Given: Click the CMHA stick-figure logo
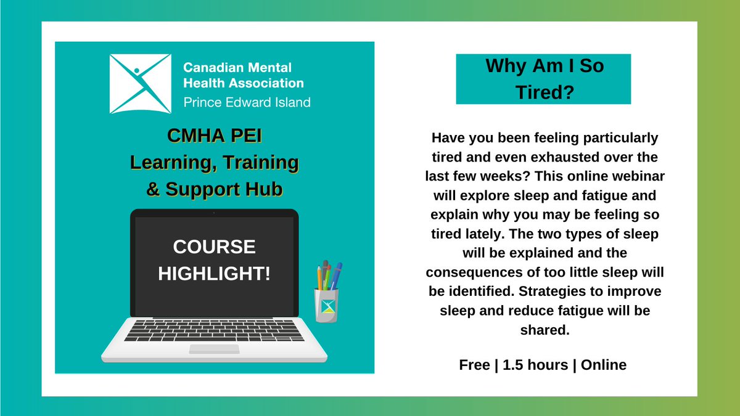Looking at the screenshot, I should [x=140, y=84].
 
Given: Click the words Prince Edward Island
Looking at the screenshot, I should [x=247, y=102].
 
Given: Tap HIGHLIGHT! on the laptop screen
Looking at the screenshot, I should [x=214, y=273].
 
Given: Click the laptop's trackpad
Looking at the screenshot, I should [x=213, y=349].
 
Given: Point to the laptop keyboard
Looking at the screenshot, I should [x=213, y=330].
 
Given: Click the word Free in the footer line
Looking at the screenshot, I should [x=474, y=365].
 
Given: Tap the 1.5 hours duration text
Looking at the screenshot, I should [x=535, y=365].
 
